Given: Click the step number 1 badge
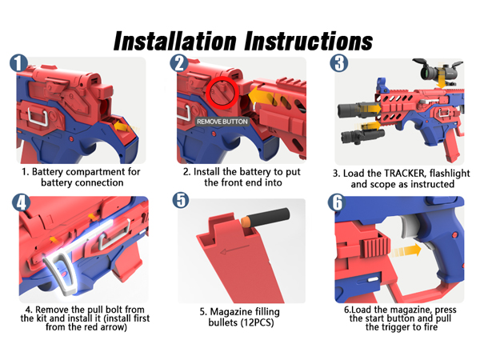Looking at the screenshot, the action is (x=18, y=63).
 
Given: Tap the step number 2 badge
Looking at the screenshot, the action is (x=179, y=63).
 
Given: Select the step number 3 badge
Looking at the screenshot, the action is (x=339, y=63).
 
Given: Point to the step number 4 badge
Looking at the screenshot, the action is (x=21, y=202).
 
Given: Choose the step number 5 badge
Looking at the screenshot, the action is (x=181, y=200).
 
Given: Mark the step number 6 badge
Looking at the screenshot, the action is (x=337, y=202).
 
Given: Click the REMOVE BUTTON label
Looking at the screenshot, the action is (x=222, y=122).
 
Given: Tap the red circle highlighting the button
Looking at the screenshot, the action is (x=222, y=78).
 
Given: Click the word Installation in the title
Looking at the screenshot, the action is (x=174, y=41).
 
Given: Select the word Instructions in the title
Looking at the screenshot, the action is (x=309, y=41).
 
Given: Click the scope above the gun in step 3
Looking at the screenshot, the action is (x=436, y=70).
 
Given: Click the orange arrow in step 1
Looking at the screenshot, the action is (x=125, y=126).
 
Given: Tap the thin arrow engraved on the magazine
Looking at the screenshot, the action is (x=234, y=249).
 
